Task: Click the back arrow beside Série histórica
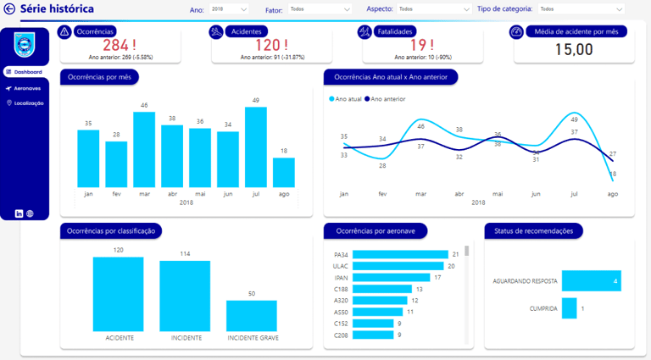click(9, 8)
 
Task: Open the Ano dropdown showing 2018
click(233, 8)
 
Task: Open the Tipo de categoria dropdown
click(581, 8)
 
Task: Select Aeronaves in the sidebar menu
click(27, 88)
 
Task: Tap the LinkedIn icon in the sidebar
click(19, 213)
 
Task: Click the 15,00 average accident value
click(574, 49)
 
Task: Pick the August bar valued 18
click(284, 172)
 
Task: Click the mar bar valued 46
click(144, 149)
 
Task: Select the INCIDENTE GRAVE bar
click(252, 315)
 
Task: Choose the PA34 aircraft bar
click(399, 254)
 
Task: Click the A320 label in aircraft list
click(341, 300)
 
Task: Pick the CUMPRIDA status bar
click(569, 308)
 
